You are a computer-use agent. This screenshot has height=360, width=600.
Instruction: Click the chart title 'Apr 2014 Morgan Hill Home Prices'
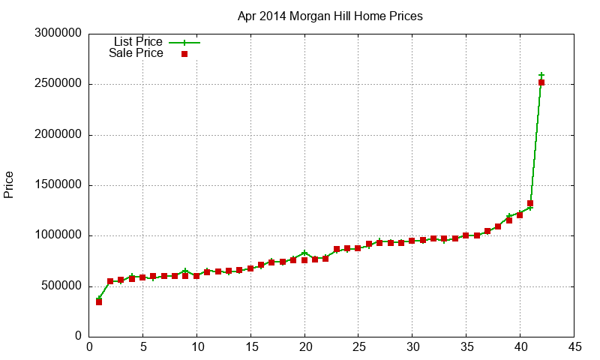coord(329,16)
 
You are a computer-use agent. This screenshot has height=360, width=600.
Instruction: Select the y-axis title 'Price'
coord(9,184)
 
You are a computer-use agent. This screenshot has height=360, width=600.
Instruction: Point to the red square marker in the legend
coord(184,54)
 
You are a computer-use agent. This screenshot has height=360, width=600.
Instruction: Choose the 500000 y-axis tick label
coord(58,286)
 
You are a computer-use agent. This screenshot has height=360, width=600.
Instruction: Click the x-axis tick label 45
coord(574,346)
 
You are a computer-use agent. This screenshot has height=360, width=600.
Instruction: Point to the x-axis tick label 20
coord(304,346)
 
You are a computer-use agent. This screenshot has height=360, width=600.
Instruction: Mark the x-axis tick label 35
coord(466,346)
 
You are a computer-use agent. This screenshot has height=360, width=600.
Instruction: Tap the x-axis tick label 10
coord(196,346)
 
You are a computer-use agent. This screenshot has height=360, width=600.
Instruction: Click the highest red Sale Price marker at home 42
coord(541,82)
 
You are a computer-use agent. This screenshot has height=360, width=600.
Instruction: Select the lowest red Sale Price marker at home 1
coord(99,301)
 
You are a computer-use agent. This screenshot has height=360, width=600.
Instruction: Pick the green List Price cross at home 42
coord(541,75)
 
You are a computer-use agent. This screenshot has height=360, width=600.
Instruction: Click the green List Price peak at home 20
coord(304,253)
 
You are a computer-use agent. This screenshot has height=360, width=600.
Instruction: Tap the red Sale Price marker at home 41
coord(530,203)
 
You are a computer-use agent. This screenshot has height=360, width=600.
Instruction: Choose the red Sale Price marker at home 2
coord(110,281)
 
